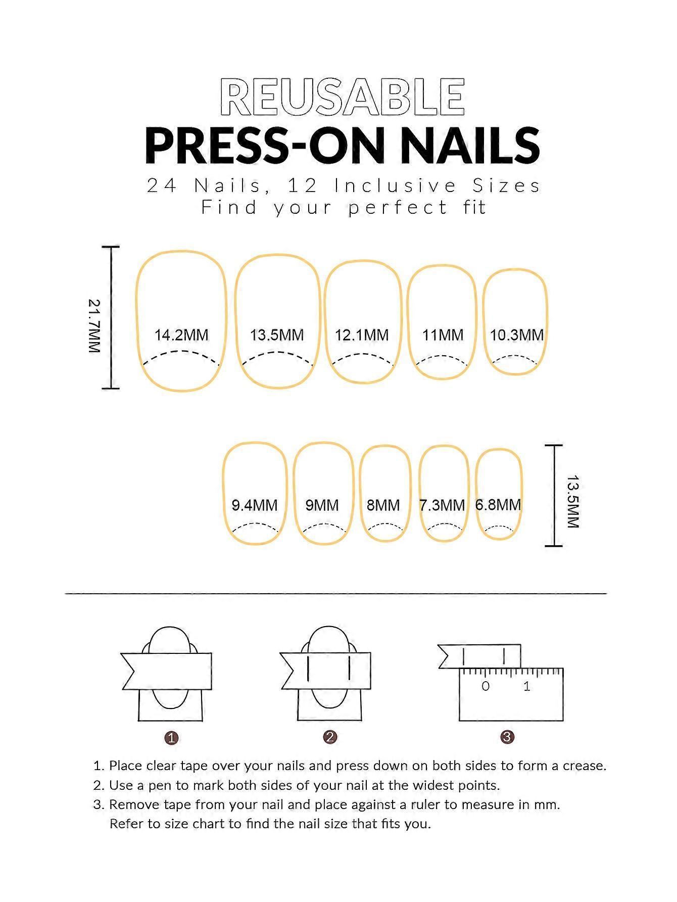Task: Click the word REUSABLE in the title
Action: pos(343,98)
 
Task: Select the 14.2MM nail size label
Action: pos(181,335)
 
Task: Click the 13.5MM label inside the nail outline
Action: pos(277,335)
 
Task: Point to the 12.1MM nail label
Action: pos(362,335)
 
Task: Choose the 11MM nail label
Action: pos(443,335)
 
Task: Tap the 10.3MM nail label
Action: pos(517,335)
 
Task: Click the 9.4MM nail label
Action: pos(255,505)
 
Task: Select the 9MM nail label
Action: pos(322,505)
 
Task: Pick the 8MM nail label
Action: pos(383,505)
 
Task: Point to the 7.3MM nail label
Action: pos(442,505)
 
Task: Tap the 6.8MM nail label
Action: pos(498,505)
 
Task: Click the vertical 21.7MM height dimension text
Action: pos(94,326)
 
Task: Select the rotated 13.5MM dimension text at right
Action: pos(572,501)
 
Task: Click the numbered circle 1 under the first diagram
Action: pos(172,738)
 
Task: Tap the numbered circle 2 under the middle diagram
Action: pos(330,737)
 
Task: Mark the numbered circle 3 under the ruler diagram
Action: pos(507,737)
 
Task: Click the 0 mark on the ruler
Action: pos(486,686)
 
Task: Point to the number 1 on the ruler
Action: pos(527,686)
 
